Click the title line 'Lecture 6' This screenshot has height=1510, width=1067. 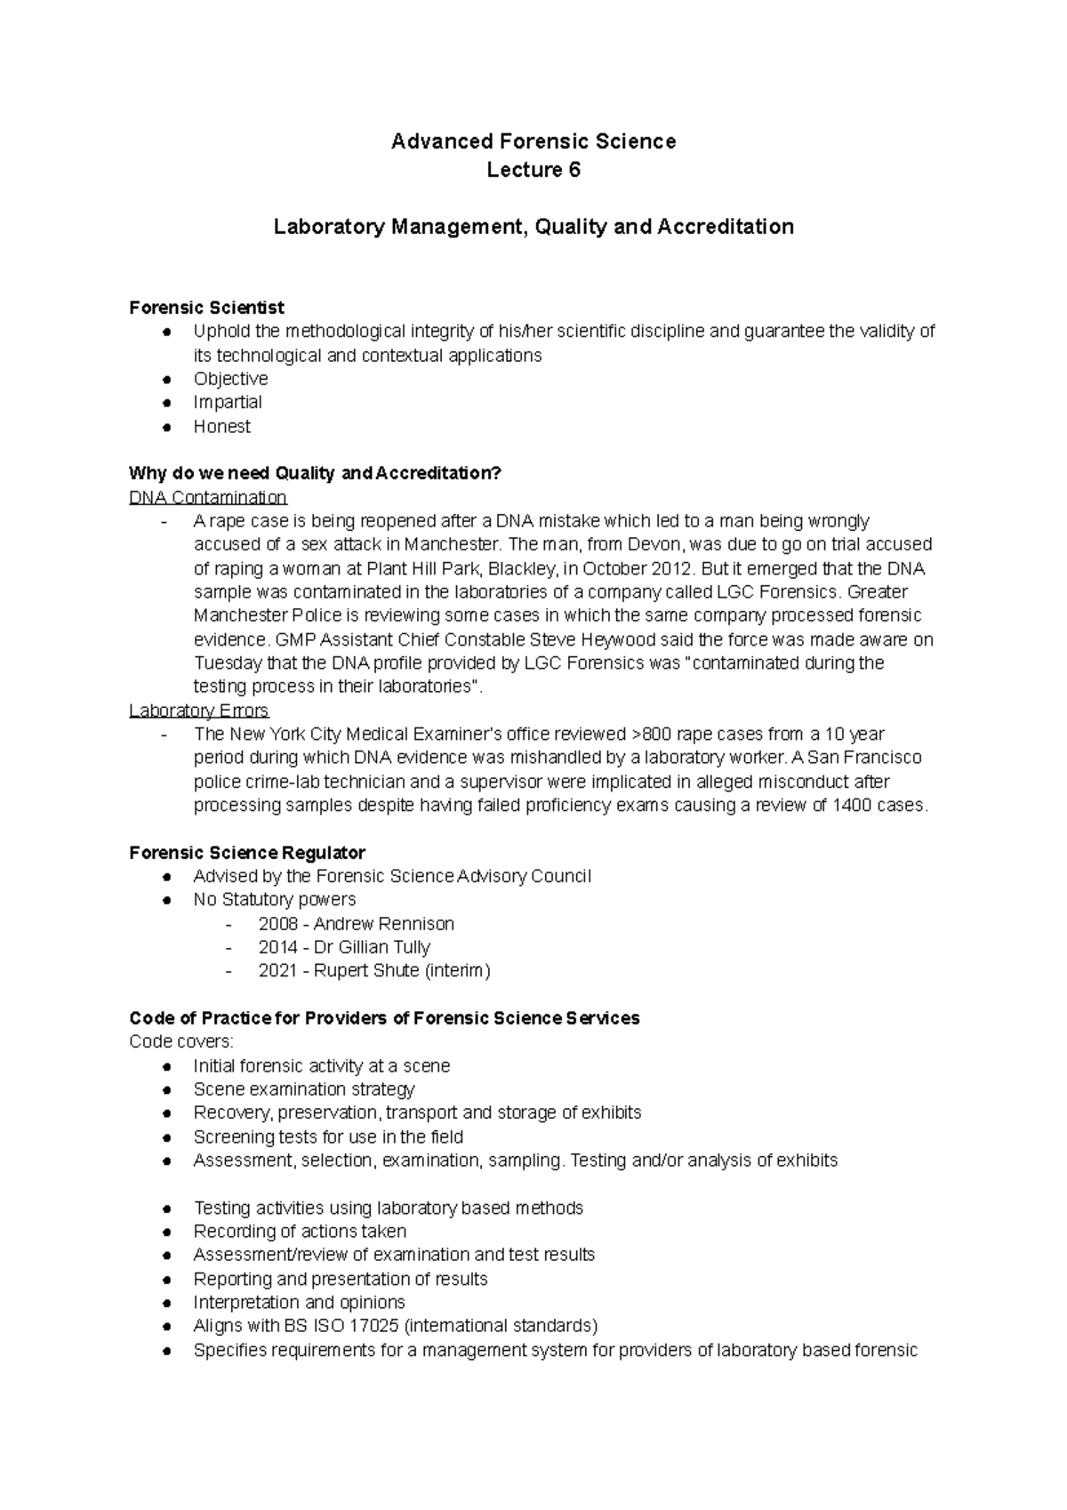point(533,170)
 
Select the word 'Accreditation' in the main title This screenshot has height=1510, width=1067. point(725,227)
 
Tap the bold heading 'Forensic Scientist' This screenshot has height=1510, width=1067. point(206,308)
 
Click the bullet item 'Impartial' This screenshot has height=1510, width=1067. point(228,402)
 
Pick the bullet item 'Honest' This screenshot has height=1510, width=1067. point(221,426)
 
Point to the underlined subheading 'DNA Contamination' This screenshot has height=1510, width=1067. point(208,497)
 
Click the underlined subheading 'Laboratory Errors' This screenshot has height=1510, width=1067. point(198,711)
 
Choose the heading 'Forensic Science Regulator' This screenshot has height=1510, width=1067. point(247,853)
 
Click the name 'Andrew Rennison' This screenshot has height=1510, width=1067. point(384,924)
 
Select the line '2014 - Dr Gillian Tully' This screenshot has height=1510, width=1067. point(344,947)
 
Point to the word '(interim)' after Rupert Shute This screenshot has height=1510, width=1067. point(458,970)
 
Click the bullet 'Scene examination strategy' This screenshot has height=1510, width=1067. point(304,1089)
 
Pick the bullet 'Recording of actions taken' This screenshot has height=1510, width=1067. point(300,1232)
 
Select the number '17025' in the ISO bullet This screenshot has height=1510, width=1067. point(371,1326)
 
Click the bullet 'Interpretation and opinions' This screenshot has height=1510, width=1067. point(299,1302)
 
